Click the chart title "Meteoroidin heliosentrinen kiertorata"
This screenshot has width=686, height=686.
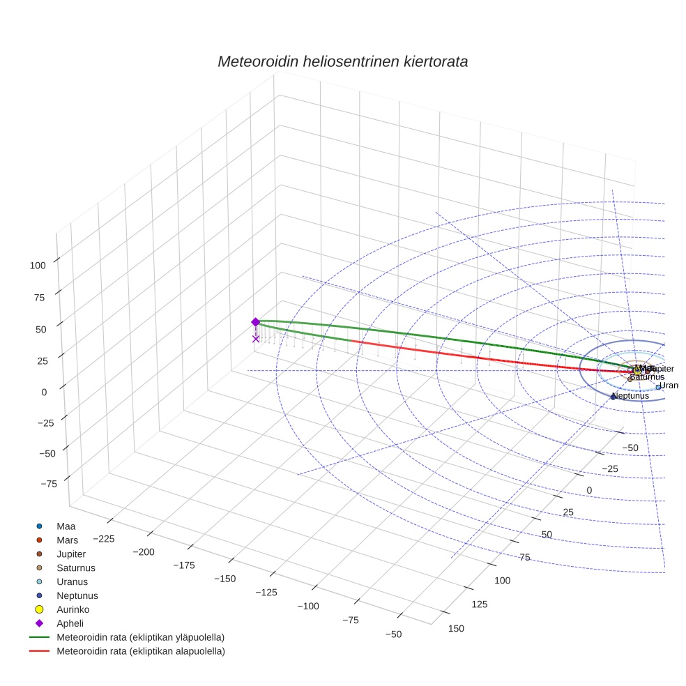click(x=342, y=61)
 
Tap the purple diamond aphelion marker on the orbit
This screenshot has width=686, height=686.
click(x=255, y=321)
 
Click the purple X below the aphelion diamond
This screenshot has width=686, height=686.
click(x=256, y=339)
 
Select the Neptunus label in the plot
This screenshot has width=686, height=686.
click(x=630, y=396)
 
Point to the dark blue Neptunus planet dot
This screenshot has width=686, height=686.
click(x=613, y=397)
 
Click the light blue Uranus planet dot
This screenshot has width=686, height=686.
click(x=658, y=387)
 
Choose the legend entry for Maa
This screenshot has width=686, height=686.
click(x=66, y=526)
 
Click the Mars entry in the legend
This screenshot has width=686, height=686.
click(x=67, y=540)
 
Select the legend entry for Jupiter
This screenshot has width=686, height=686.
click(x=70, y=554)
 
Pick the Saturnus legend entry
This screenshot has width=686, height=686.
click(x=75, y=568)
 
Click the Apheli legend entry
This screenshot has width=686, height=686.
click(x=70, y=624)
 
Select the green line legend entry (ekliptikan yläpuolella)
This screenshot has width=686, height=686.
click(x=139, y=638)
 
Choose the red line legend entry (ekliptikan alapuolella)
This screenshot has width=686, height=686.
click(x=139, y=652)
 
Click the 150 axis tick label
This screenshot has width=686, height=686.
click(x=455, y=628)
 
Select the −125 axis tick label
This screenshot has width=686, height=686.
click(x=266, y=593)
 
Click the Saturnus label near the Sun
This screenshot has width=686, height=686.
click(x=647, y=377)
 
